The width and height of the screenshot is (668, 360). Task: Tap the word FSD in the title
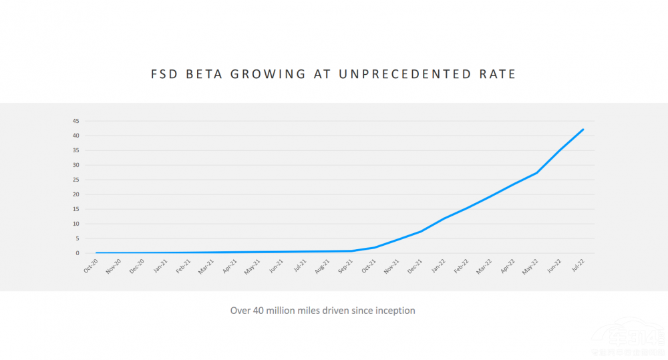click(165, 74)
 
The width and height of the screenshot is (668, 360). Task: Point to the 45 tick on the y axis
click(76, 121)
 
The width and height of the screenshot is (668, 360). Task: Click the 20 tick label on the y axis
click(76, 194)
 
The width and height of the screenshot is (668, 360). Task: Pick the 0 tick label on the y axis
click(77, 253)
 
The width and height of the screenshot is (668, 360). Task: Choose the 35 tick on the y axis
click(76, 150)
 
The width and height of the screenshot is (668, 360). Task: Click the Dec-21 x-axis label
click(415, 265)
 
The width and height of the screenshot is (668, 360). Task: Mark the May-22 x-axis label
click(532, 265)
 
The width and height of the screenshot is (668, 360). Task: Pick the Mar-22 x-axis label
click(485, 265)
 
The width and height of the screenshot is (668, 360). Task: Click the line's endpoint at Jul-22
click(583, 130)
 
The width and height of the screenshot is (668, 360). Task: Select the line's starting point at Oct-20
click(96, 253)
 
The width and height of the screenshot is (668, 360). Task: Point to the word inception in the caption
click(394, 311)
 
